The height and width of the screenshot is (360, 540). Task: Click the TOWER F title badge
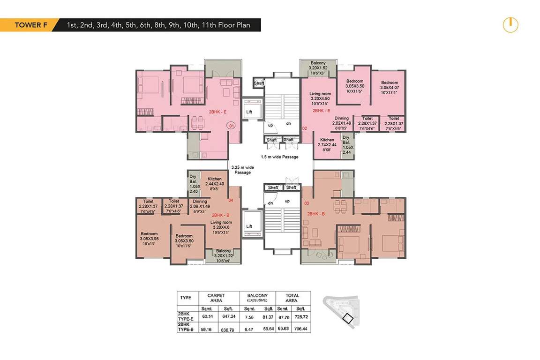pos(28,25)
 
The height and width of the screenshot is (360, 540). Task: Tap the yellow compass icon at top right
pos(510,25)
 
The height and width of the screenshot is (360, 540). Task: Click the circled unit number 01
pos(231,126)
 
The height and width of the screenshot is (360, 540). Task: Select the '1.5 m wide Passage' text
pos(279,157)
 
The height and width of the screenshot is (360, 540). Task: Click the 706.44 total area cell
pos(301,329)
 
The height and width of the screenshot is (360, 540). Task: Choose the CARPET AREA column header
pos(216,298)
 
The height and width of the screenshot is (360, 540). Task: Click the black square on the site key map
pos(348,318)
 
